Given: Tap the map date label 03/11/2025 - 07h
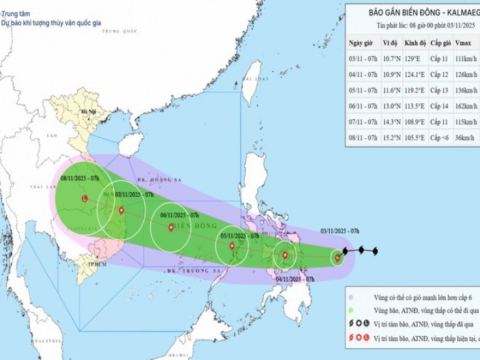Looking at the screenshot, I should point(341,230).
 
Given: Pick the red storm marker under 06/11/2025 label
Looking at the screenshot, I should point(171,227).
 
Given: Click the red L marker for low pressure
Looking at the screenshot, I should point(84,198).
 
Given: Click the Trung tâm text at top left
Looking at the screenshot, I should point(16,12).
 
